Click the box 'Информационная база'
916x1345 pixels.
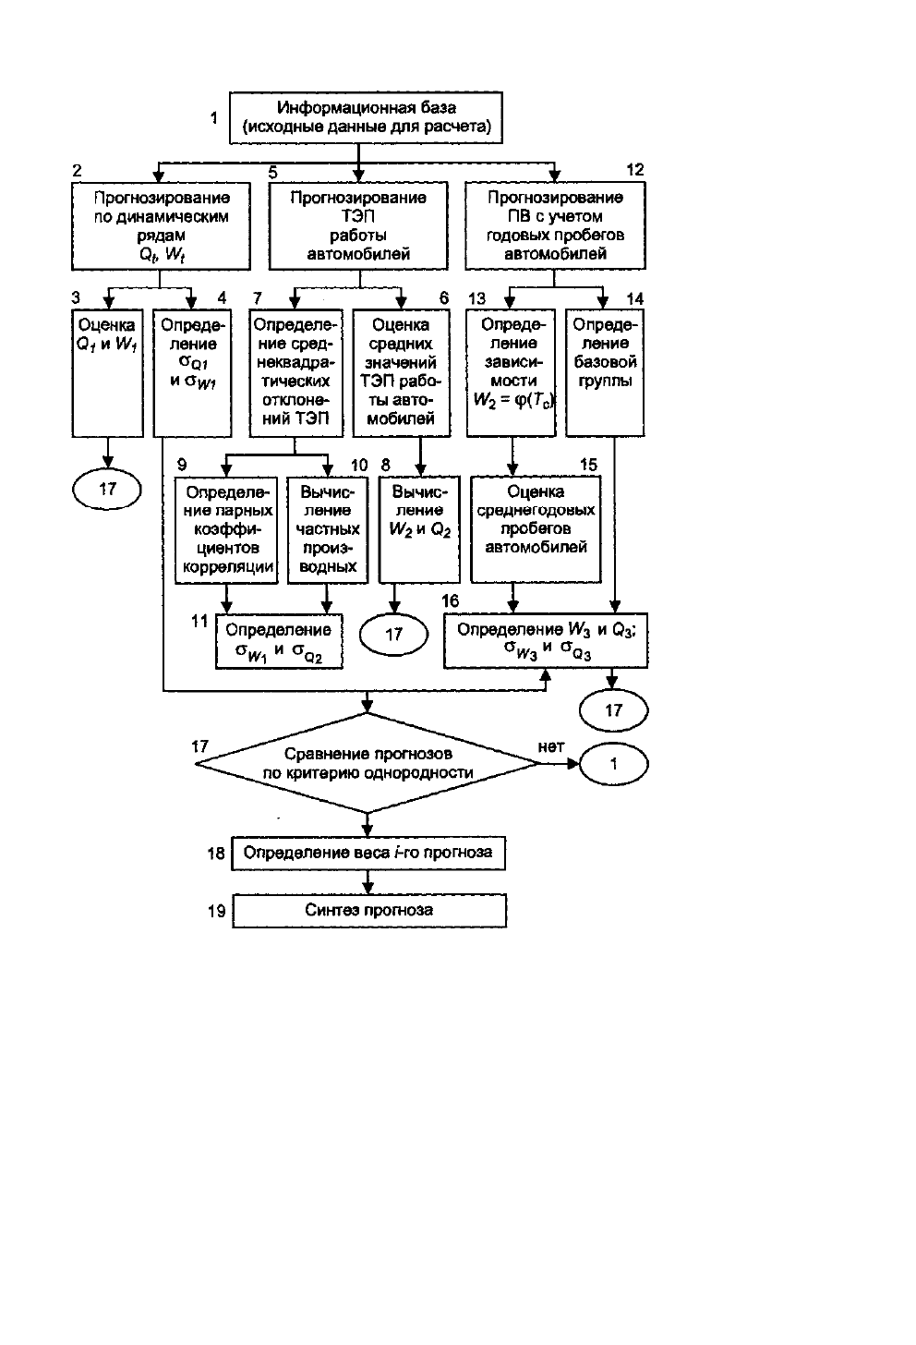click(x=366, y=117)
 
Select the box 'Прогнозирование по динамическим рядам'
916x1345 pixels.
click(x=161, y=225)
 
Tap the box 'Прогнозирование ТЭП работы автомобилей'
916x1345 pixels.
click(x=358, y=225)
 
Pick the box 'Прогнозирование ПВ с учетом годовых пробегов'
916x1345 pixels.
click(x=555, y=225)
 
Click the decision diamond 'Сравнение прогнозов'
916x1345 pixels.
click(x=368, y=763)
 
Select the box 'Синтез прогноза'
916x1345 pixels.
click(x=369, y=911)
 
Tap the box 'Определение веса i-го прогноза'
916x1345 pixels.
click(x=368, y=854)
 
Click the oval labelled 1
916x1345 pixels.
click(x=613, y=764)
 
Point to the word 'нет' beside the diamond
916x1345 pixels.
click(x=551, y=747)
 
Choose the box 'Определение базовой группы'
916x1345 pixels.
click(x=605, y=373)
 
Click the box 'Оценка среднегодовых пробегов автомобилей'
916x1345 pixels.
click(x=536, y=529)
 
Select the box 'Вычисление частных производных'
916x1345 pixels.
click(x=328, y=529)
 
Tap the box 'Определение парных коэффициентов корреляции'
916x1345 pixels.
click(x=226, y=529)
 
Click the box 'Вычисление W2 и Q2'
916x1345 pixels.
click(x=419, y=529)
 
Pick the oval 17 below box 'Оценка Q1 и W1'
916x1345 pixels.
click(x=107, y=490)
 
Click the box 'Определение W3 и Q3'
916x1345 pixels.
click(x=546, y=641)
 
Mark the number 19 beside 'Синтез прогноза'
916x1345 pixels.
click(x=217, y=912)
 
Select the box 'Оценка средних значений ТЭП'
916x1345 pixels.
click(x=402, y=373)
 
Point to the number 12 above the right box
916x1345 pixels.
click(x=635, y=170)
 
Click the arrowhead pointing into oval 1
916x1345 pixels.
click(x=573, y=764)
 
